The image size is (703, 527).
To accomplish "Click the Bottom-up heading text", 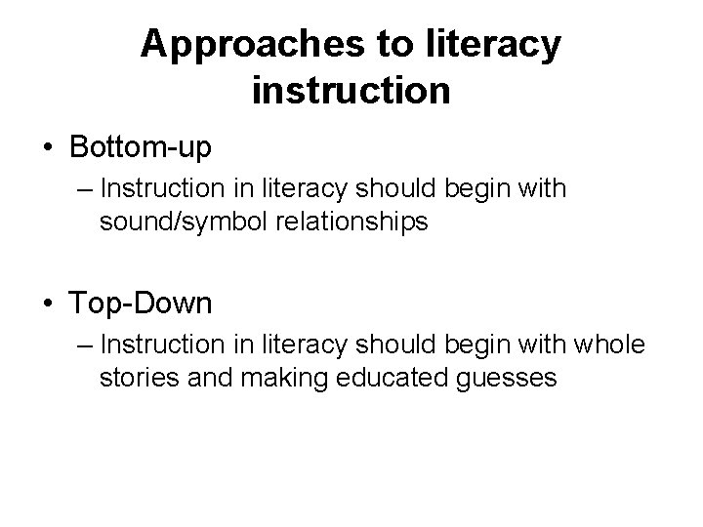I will (141, 148).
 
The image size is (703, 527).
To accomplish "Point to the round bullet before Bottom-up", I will (47, 149).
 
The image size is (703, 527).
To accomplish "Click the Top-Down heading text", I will (141, 304).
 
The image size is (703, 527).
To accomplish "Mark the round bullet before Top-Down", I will (47, 304).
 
